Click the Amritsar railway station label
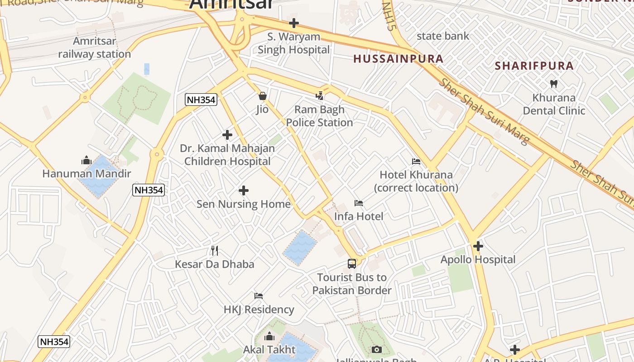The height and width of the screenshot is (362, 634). [94, 48]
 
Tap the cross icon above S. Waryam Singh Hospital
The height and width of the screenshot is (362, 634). [294, 23]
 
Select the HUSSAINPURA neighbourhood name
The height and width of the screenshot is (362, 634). [398, 59]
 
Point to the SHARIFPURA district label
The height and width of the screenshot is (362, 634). [534, 66]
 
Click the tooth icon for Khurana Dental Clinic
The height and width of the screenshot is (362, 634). [553, 84]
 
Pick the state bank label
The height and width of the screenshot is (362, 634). [442, 36]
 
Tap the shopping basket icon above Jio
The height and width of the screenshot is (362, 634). [262, 96]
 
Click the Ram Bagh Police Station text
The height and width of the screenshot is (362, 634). [319, 116]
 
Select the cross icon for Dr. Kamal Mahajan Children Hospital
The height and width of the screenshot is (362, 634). [227, 135]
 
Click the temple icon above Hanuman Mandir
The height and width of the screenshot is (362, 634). [86, 160]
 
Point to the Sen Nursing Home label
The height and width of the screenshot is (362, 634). [243, 204]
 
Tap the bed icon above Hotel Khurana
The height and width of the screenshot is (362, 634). [416, 162]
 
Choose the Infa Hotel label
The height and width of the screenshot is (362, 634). [359, 216]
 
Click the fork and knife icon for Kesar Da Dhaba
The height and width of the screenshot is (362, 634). [215, 250]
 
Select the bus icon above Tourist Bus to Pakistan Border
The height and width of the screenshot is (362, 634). [352, 263]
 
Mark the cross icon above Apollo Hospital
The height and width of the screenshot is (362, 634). [478, 246]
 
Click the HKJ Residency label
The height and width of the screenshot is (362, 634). [259, 310]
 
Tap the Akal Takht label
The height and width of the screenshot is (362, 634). [269, 349]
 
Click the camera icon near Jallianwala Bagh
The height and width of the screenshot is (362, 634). [376, 349]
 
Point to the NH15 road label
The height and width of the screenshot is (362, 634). [387, 16]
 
